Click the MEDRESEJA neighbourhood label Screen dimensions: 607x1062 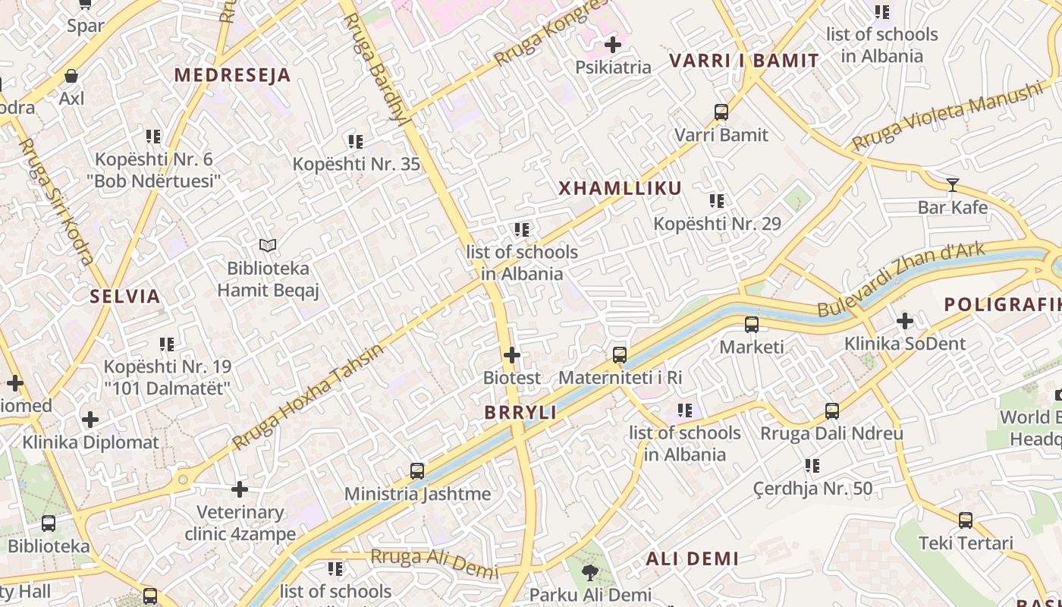[232, 75]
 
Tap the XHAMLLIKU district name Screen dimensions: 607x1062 [621, 188]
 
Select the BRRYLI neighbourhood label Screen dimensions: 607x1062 [520, 413]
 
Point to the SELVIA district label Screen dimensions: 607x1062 [125, 297]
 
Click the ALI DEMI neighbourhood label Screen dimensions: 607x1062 [692, 559]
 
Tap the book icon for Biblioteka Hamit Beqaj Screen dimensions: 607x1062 [267, 245]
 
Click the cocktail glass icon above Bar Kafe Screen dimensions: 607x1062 [952, 184]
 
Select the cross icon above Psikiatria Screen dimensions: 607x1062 [613, 45]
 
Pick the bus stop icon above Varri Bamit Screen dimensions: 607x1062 [721, 112]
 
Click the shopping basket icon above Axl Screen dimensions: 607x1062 [71, 76]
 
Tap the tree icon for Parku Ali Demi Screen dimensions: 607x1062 [589, 572]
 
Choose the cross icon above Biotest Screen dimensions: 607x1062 [512, 354]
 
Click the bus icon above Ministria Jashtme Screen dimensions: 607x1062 [417, 470]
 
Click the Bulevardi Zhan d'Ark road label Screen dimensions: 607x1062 [901, 278]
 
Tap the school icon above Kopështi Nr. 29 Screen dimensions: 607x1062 [717, 201]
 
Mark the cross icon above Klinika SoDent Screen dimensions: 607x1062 [905, 321]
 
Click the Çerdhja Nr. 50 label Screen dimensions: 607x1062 [812, 488]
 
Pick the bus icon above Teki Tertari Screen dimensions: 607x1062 [966, 521]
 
